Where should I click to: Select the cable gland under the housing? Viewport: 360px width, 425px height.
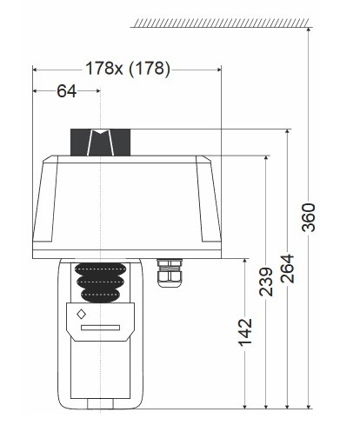pos(164,271)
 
